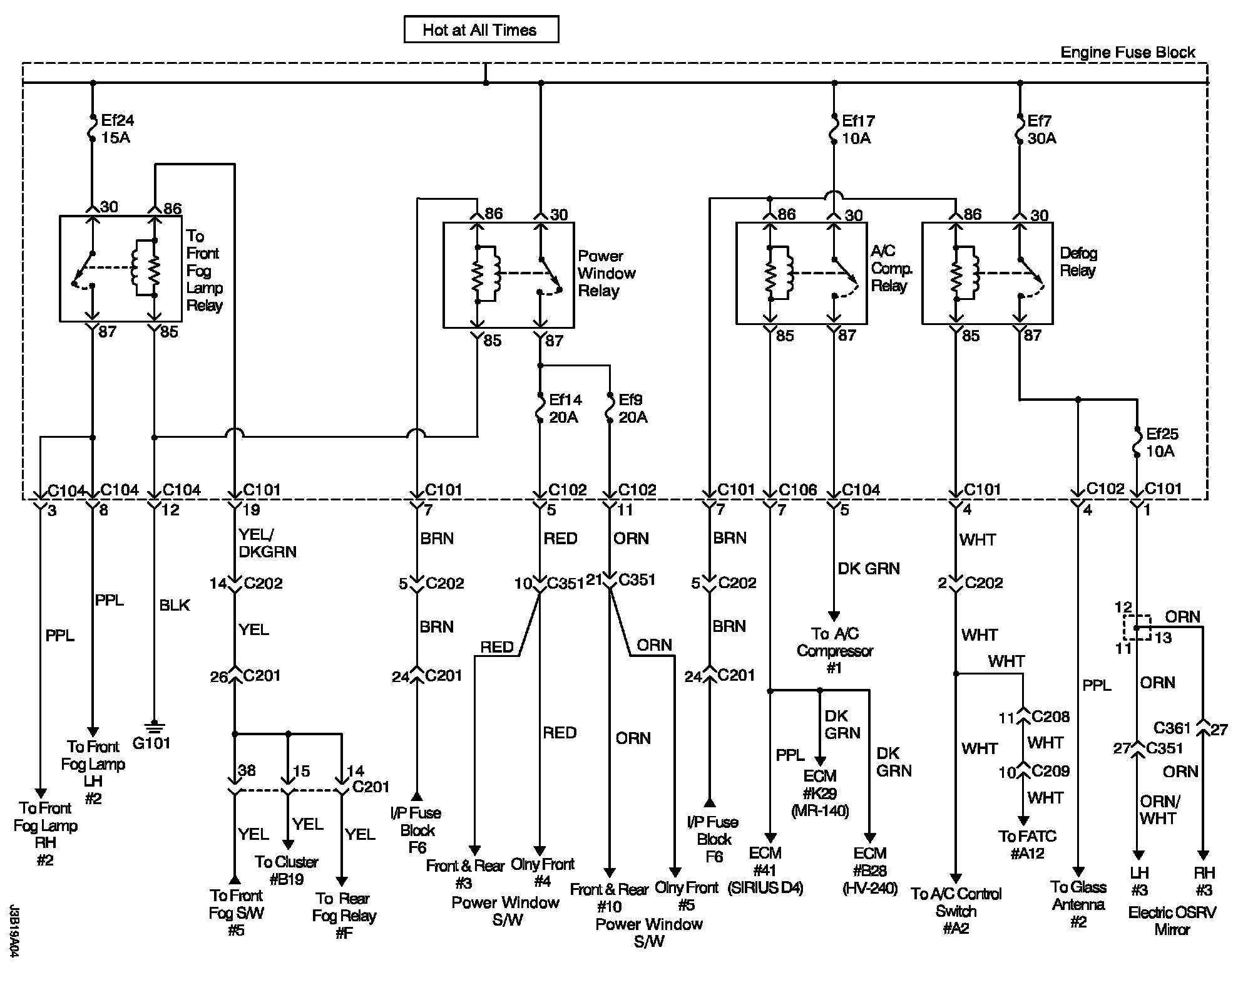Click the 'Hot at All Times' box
click(481, 29)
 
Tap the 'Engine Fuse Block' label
click(1128, 53)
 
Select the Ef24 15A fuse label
click(117, 129)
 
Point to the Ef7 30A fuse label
click(1041, 130)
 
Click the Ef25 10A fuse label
click(1162, 443)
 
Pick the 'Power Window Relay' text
click(606, 274)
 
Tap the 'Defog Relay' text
click(1078, 262)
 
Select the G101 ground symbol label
click(151, 743)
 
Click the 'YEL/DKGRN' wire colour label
click(268, 543)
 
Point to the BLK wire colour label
click(175, 606)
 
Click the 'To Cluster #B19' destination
click(287, 871)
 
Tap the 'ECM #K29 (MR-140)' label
click(820, 793)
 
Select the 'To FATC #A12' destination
click(1027, 845)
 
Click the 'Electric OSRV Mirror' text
click(1172, 921)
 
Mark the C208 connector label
click(1051, 716)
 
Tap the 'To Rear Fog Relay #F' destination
click(344, 916)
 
